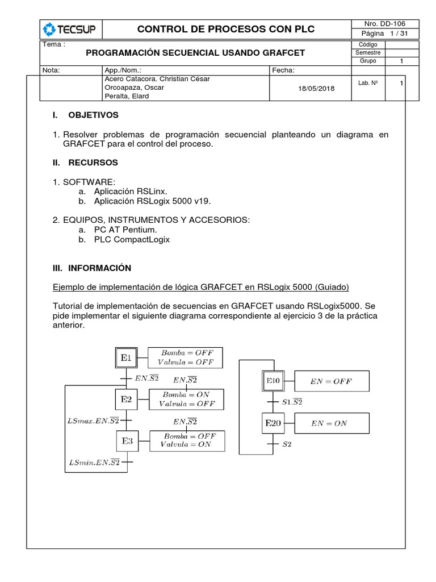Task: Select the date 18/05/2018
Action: click(x=316, y=88)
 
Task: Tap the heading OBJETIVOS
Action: click(x=93, y=115)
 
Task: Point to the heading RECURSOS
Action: click(x=93, y=163)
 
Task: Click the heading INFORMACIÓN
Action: click(x=99, y=268)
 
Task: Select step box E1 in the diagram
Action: click(x=126, y=358)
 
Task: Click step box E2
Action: click(x=126, y=400)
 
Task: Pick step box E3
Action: click(x=127, y=440)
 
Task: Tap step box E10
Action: click(x=272, y=381)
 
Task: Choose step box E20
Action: click(x=272, y=423)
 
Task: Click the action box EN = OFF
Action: click(x=332, y=381)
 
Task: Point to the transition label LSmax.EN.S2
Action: click(x=93, y=421)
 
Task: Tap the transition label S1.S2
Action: click(x=292, y=402)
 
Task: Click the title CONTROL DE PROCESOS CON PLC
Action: click(x=221, y=30)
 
